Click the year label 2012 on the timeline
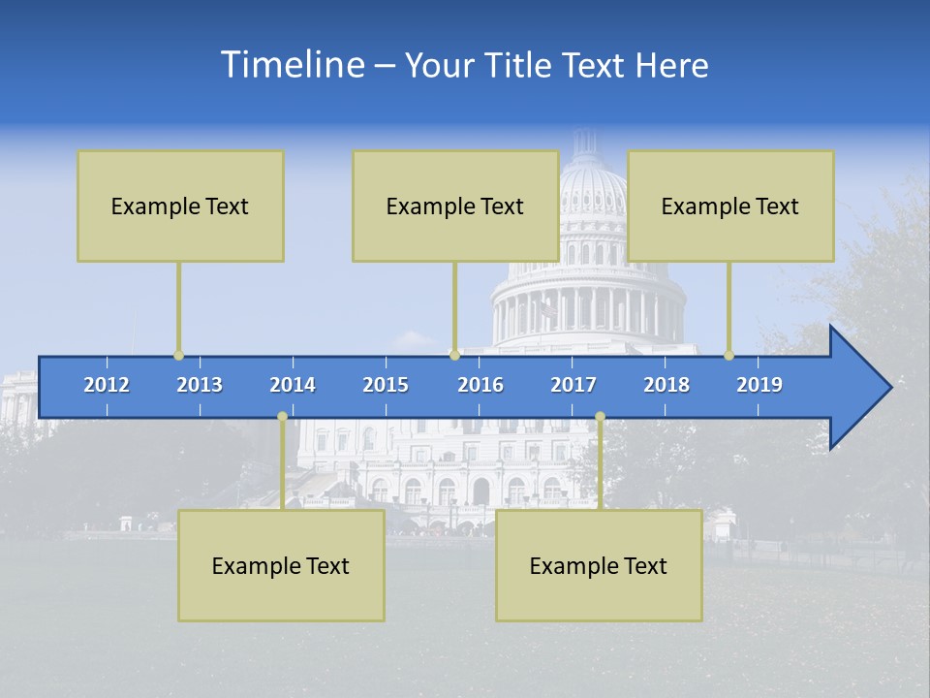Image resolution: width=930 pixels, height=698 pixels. click(107, 385)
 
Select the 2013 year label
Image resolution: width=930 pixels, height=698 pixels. click(200, 385)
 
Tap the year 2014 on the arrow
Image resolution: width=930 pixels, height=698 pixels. click(293, 385)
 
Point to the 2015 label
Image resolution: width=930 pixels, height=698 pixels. click(386, 385)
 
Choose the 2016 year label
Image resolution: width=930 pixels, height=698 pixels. click(480, 385)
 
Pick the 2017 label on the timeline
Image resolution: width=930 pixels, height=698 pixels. click(573, 385)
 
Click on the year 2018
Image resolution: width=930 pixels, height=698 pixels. click(666, 385)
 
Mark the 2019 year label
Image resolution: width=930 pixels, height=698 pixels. click(759, 385)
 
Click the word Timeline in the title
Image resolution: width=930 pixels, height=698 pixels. click(292, 65)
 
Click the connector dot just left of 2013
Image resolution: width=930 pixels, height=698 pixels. click(178, 356)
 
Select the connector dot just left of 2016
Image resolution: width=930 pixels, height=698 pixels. click(454, 356)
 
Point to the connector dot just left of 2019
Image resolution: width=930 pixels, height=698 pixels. click(729, 356)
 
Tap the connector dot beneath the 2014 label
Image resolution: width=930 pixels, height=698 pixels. click(282, 417)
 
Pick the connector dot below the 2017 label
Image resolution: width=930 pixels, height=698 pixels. click(600, 417)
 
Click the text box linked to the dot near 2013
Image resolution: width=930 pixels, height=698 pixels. click(180, 206)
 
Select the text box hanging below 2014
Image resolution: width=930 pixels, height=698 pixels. click(281, 565)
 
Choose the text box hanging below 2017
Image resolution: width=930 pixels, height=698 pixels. click(599, 565)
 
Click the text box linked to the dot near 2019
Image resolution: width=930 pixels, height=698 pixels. click(730, 206)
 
